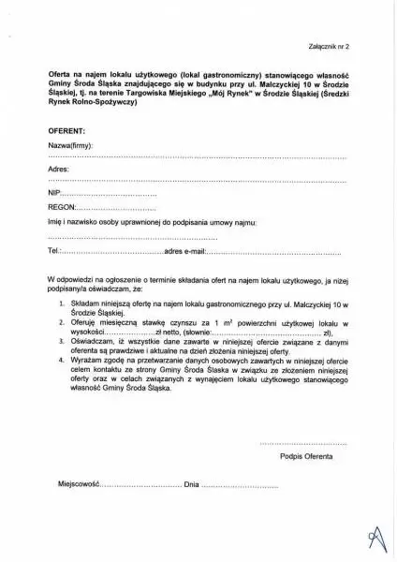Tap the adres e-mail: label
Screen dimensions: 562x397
point(184,252)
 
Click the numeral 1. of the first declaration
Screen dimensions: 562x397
point(61,305)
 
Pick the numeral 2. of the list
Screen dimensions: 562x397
point(61,322)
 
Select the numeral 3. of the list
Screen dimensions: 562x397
point(61,343)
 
